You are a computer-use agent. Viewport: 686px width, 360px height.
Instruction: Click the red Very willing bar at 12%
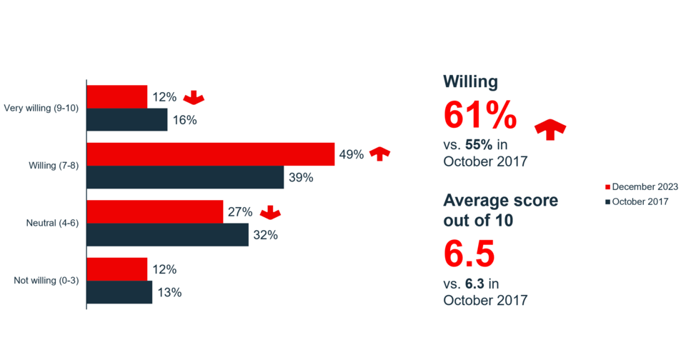point(116,96)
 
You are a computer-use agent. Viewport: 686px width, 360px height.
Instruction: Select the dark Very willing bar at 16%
point(127,119)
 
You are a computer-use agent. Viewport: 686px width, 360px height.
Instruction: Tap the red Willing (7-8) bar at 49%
point(210,154)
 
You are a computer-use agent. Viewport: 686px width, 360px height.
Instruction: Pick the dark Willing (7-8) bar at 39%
point(185,177)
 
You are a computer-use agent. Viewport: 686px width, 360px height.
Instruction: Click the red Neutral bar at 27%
point(154,211)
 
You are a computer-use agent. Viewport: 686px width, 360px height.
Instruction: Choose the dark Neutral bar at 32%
point(167,234)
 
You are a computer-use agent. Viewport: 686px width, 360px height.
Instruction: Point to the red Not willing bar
point(116,269)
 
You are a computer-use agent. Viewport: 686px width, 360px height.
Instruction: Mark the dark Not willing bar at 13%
point(119,292)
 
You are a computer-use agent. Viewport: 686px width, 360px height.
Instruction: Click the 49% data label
point(352,154)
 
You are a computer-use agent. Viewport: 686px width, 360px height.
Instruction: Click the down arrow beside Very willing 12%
point(194,97)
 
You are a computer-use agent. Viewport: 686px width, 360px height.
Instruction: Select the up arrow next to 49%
point(381,153)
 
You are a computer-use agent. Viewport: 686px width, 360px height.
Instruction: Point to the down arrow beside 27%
point(269,212)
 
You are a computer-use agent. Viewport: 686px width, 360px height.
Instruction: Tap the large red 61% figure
point(479,115)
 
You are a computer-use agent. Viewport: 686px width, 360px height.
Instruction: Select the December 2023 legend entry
point(641,186)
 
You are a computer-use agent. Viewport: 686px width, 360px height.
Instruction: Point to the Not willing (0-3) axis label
point(46,280)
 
